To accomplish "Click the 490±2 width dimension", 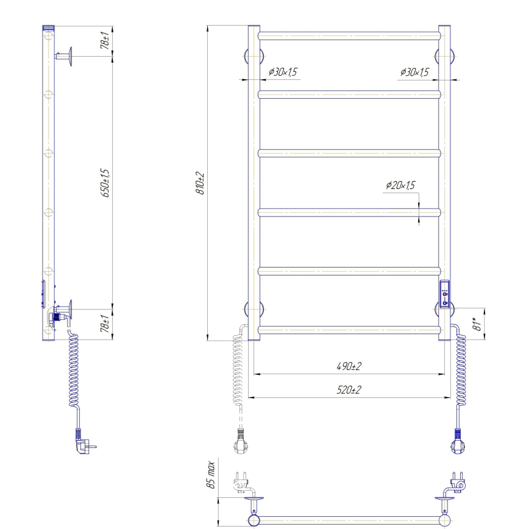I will point(349,367).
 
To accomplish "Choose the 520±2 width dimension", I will point(349,390).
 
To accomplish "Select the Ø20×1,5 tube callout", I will point(400,186).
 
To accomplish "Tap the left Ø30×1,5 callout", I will point(283,73).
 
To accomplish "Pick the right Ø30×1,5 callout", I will point(414,73).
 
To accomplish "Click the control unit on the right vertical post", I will point(446,293).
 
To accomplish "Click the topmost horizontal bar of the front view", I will point(349,35).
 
